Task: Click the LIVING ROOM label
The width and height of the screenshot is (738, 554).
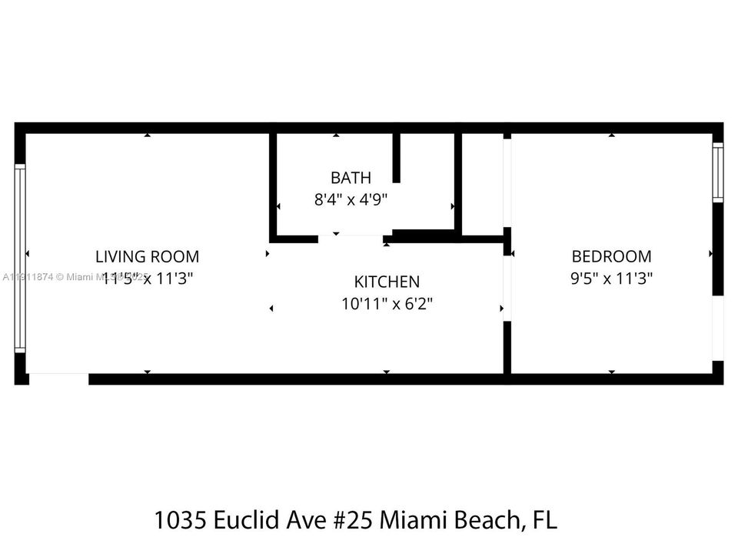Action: [147, 256]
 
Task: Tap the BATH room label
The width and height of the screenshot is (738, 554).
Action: [351, 178]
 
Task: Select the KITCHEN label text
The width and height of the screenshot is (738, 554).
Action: [387, 282]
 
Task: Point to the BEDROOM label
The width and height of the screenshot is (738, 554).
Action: [611, 256]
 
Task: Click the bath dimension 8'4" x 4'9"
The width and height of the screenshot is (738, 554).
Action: [351, 200]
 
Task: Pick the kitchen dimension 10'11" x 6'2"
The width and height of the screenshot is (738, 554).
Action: [387, 303]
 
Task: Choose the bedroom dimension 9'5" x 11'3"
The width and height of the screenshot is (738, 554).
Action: [611, 278]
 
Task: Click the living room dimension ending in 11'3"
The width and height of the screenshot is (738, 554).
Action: [148, 278]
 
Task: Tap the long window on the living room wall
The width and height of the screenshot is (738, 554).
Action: [21, 259]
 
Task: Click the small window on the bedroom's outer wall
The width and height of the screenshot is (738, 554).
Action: [717, 172]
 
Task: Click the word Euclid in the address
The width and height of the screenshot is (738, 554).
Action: [247, 521]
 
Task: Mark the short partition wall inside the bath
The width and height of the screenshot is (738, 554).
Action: [397, 158]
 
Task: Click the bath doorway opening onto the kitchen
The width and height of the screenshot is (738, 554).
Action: [351, 239]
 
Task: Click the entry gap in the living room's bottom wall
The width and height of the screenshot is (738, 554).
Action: [59, 379]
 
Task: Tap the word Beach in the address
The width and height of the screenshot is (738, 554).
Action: [487, 521]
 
